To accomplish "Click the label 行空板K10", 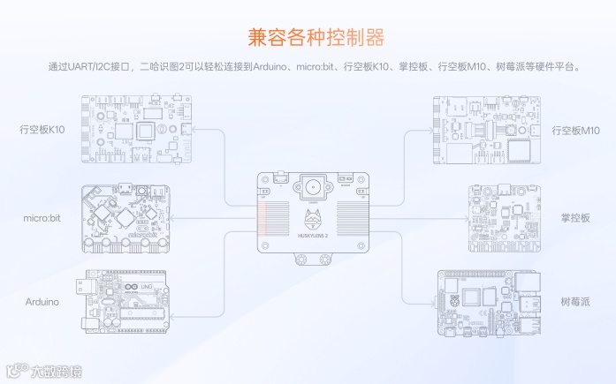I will [x=42, y=129].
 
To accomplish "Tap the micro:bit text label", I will [x=42, y=216].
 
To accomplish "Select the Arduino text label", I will [x=42, y=301].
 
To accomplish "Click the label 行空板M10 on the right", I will [x=575, y=131].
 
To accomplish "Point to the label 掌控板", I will [x=574, y=216].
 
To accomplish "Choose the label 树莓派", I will [x=574, y=302].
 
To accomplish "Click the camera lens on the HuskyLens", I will [x=315, y=186].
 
